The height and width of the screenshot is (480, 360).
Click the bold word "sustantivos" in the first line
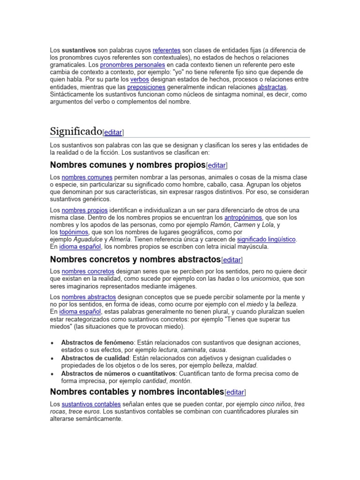coord(79,50)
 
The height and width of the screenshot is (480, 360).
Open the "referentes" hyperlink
coord(166,50)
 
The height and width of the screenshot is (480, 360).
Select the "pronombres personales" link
coord(132,65)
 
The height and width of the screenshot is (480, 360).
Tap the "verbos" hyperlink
coord(139,80)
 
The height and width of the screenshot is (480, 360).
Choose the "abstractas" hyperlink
coord(272,87)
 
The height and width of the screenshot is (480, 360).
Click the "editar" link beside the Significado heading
coord(113,132)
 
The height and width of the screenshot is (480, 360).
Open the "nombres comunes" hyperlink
coord(87,177)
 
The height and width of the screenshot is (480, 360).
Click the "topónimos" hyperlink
coord(74,232)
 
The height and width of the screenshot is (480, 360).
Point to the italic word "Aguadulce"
coord(89,239)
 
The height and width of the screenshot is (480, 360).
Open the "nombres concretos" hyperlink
coord(88,271)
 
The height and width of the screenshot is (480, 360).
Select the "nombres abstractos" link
coord(89,297)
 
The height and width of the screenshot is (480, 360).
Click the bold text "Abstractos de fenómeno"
coord(97,343)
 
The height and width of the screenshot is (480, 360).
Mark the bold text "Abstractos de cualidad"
coord(95,358)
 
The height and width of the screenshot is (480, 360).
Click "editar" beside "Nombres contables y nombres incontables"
coord(235,392)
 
